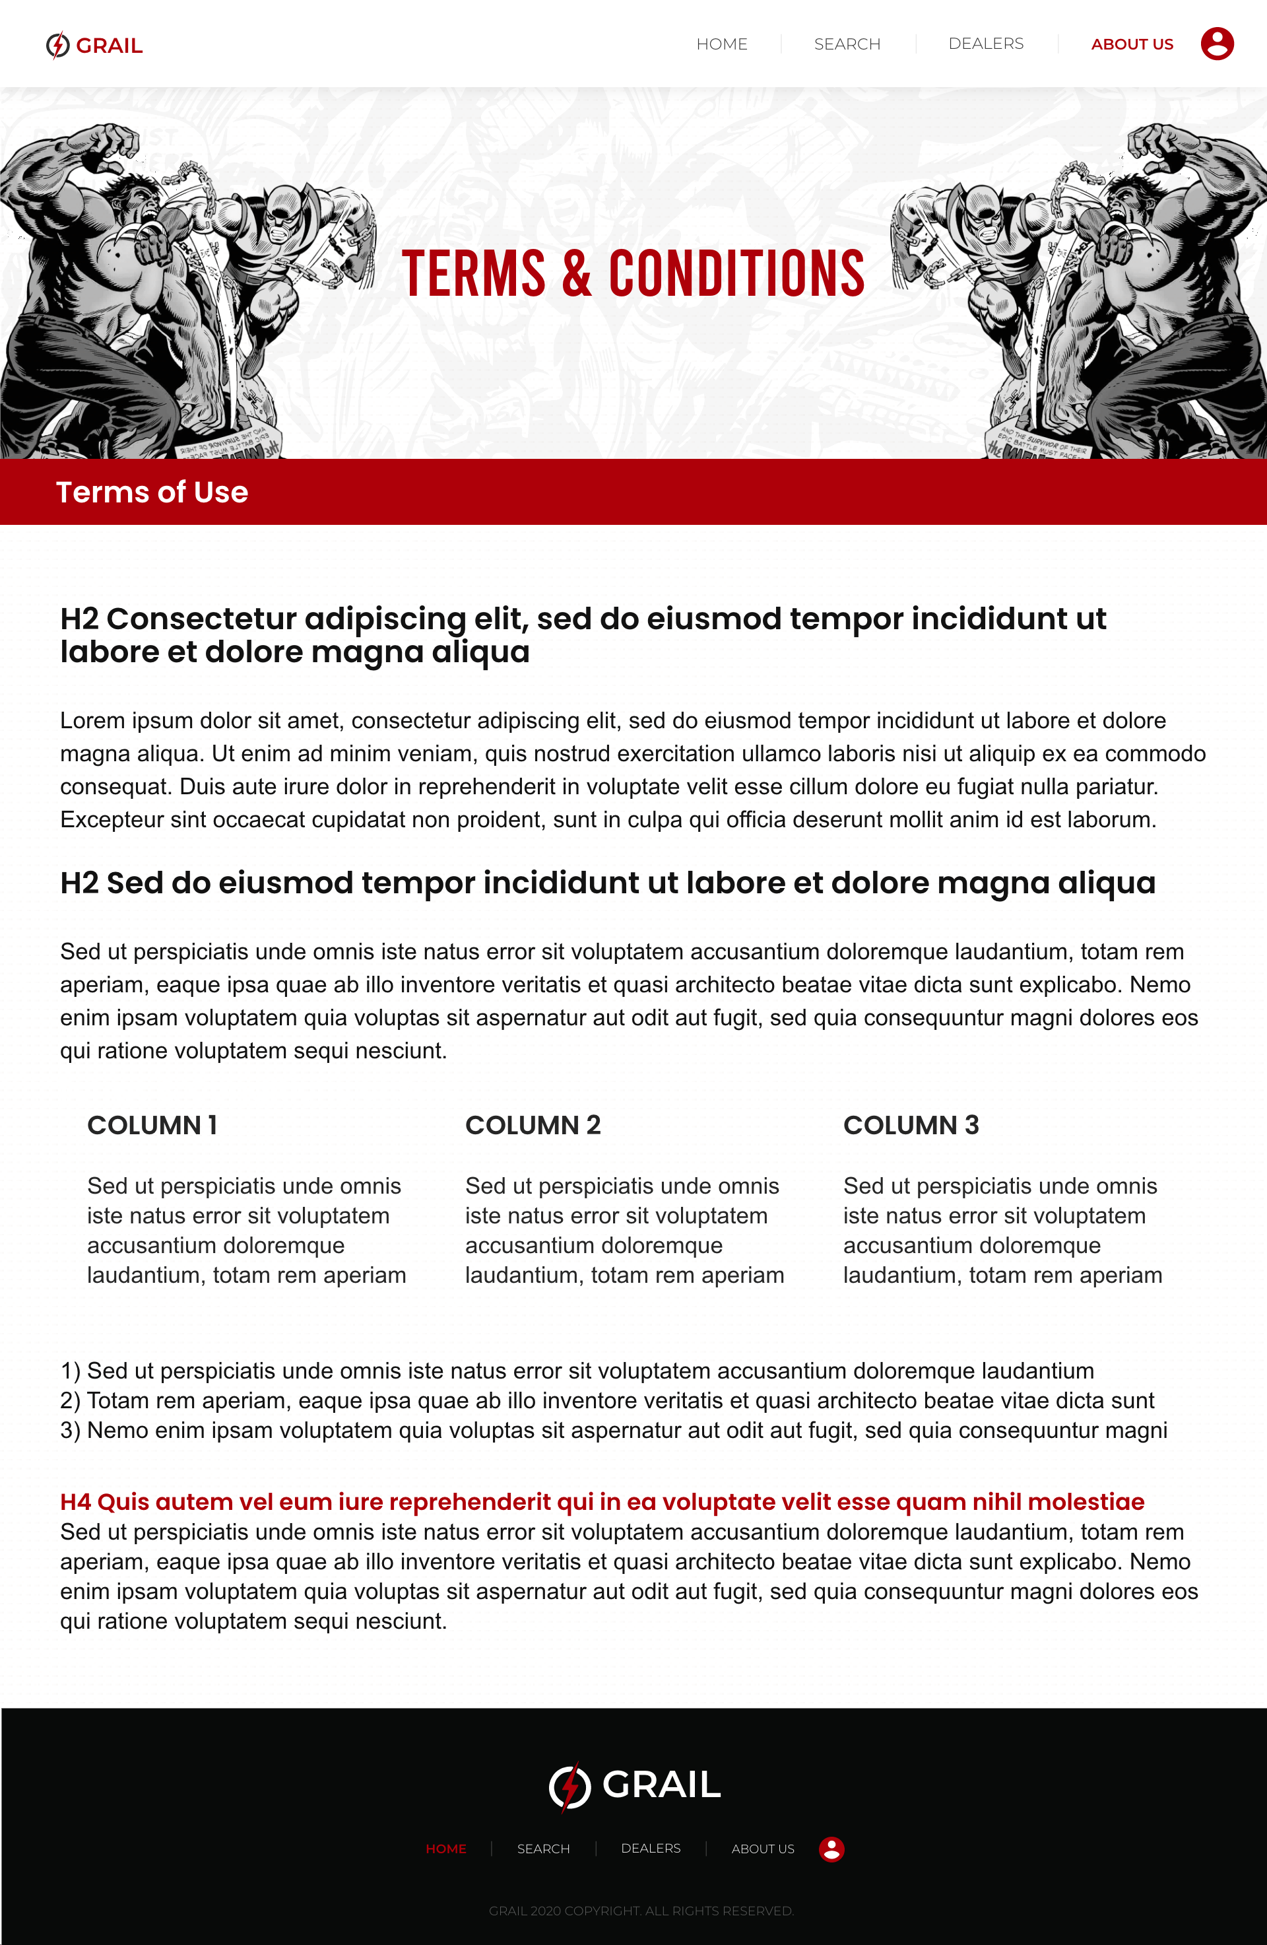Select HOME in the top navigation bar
click(x=721, y=44)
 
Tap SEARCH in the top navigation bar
click(x=847, y=44)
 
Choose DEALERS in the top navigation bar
click(x=985, y=44)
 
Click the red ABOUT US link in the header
click(x=1132, y=44)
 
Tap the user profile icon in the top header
click(x=1216, y=44)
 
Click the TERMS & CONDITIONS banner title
click(x=633, y=274)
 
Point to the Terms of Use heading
click(x=152, y=492)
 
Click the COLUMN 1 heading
click(x=152, y=1124)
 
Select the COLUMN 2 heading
click(x=533, y=1124)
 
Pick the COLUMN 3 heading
click(x=911, y=1124)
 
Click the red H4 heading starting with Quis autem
click(x=602, y=1501)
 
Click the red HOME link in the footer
click(x=446, y=1849)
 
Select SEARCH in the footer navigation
click(x=543, y=1849)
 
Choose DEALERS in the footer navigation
click(x=650, y=1848)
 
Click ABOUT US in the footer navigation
click(x=762, y=1849)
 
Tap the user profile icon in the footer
click(x=831, y=1849)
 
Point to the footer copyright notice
click(x=641, y=1911)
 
